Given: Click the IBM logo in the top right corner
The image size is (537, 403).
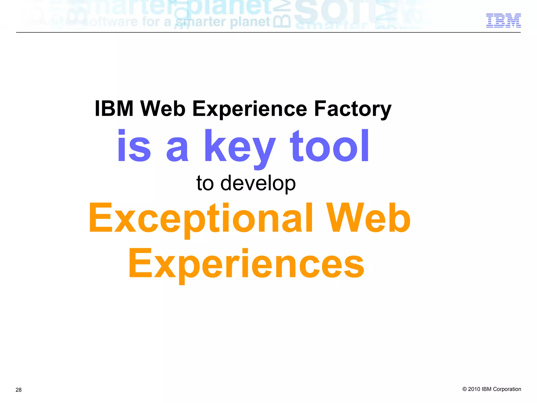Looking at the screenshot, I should [503, 20].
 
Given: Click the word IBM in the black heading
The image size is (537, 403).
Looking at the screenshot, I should [114, 108].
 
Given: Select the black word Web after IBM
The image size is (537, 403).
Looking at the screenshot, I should [163, 108].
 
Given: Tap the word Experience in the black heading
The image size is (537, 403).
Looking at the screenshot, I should [250, 109].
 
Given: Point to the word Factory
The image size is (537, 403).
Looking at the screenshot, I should [352, 109].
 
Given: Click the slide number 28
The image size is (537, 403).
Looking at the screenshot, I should [19, 390].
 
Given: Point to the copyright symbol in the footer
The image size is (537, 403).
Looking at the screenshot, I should [464, 389].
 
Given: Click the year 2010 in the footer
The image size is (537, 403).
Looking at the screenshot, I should [474, 389].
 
